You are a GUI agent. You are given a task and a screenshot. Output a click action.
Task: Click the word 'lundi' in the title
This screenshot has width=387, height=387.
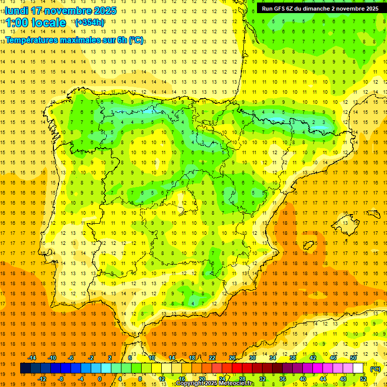point(16,11)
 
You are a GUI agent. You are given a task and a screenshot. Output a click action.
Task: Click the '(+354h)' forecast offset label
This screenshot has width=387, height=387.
point(89,23)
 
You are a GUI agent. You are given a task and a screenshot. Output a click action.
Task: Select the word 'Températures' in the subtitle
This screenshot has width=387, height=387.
point(31,40)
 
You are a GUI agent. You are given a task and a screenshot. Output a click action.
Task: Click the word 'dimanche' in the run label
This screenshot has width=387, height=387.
point(315,9)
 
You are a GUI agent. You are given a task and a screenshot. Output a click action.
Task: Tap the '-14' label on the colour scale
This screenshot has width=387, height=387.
point(32,358)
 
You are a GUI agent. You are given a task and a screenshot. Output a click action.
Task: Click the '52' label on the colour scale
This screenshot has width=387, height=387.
point(363,379)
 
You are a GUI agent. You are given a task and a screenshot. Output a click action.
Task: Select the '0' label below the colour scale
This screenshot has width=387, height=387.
point(99,379)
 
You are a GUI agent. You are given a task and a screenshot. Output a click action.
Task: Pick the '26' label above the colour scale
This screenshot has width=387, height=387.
point(232,358)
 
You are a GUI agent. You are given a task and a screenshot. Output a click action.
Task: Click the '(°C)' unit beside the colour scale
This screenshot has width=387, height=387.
point(375,369)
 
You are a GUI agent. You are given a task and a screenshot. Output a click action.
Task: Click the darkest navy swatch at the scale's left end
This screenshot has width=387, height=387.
point(25,368)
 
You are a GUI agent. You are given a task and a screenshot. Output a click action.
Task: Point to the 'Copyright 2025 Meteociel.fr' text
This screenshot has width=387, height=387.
point(215,383)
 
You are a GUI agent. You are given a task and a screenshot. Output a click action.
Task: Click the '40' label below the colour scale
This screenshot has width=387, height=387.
point(302,379)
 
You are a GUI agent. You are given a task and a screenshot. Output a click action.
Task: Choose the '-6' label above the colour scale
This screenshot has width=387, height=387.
point(71,358)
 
